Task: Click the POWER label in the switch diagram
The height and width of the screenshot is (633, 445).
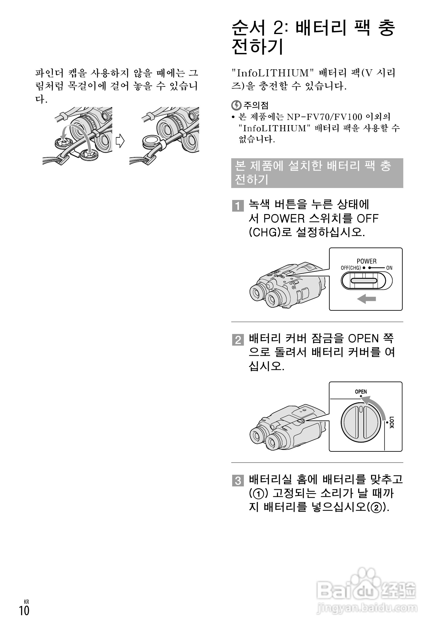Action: (x=366, y=261)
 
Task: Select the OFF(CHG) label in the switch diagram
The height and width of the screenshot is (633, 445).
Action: (x=351, y=268)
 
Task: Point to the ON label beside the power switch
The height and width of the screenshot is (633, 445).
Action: (x=389, y=268)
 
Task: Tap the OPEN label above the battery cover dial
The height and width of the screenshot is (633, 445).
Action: (x=361, y=392)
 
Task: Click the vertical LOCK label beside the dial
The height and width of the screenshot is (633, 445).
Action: (x=392, y=422)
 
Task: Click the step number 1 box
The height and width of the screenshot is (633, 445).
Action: (x=238, y=205)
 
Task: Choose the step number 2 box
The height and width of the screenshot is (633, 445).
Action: (x=238, y=340)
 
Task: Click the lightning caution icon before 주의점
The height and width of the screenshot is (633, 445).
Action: (x=236, y=105)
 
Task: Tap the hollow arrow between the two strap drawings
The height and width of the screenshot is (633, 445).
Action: (x=120, y=141)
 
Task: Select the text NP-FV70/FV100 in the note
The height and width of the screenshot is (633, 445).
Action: (x=325, y=117)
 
